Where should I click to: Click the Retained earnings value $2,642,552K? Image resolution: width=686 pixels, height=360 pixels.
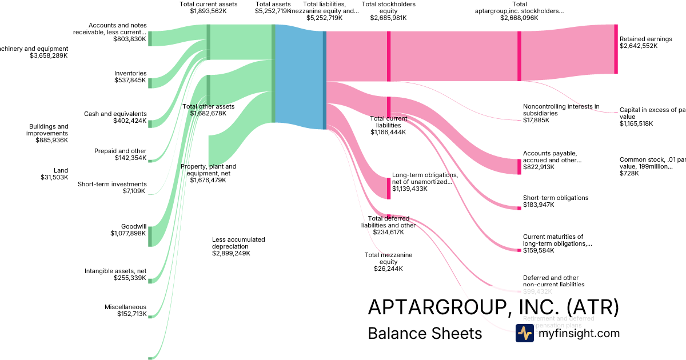[x=638, y=46]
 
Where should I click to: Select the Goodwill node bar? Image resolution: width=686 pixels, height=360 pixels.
[x=150, y=236]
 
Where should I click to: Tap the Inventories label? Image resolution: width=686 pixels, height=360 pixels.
[x=130, y=74]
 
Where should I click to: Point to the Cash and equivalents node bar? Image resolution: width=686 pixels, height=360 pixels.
[x=150, y=123]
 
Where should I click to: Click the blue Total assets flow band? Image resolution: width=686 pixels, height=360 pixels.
[x=299, y=77]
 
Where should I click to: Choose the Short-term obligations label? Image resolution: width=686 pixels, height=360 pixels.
[x=555, y=198]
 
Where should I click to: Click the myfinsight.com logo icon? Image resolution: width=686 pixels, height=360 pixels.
[x=524, y=333]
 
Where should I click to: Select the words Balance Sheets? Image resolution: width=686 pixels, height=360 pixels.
[x=425, y=333]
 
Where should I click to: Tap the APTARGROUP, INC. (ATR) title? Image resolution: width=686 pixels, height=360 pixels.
[x=493, y=307]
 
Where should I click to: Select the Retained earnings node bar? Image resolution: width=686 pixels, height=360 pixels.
[x=616, y=49]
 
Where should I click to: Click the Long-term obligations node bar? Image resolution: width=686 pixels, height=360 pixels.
[x=389, y=188]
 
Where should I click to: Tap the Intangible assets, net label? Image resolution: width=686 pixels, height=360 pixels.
[x=115, y=271]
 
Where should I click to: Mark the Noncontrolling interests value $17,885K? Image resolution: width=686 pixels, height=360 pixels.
[x=536, y=120]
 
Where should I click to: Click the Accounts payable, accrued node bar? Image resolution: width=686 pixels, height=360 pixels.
[x=519, y=166]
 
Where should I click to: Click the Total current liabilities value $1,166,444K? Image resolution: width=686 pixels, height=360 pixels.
[x=388, y=132]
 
